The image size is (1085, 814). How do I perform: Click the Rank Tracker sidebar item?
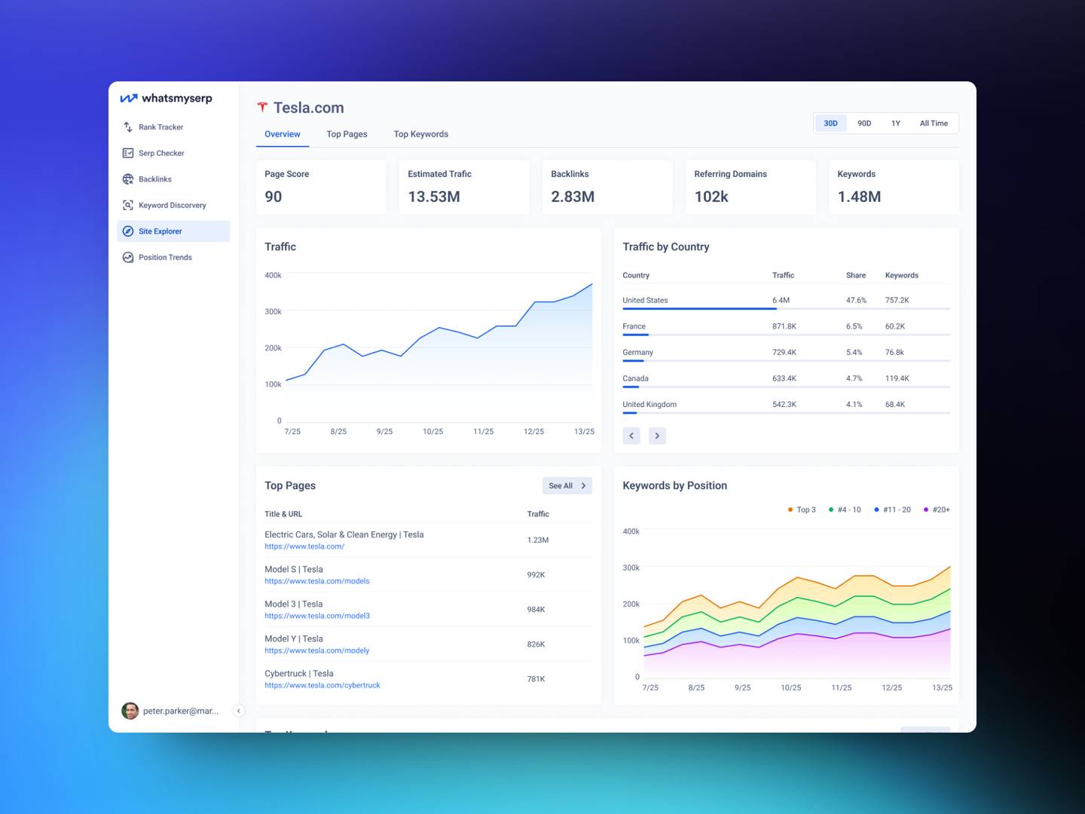click(x=160, y=127)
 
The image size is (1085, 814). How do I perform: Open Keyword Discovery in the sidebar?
click(x=172, y=205)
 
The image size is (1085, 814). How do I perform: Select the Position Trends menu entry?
click(x=165, y=258)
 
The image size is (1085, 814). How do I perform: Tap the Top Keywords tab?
click(x=420, y=134)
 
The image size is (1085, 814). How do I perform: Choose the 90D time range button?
click(x=864, y=124)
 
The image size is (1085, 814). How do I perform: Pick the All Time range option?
click(x=934, y=124)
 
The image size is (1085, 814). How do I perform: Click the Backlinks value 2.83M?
click(x=573, y=197)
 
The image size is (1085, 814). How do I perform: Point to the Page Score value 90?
click(x=274, y=197)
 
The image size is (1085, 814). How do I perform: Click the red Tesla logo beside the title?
click(x=262, y=108)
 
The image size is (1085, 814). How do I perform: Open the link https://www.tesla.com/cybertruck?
click(x=322, y=686)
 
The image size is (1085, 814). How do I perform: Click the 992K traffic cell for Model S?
click(x=536, y=575)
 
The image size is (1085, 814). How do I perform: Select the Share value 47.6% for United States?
click(x=856, y=301)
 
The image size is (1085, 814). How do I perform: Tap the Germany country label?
click(x=637, y=353)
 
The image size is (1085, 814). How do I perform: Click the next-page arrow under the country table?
click(x=657, y=436)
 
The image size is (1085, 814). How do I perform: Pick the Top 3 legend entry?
click(x=802, y=510)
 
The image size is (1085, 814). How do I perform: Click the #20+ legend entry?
click(x=937, y=510)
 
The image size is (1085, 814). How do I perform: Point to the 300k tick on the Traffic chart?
click(x=273, y=312)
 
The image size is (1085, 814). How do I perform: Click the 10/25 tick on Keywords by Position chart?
click(x=790, y=688)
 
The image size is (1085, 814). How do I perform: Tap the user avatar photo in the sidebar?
click(x=130, y=711)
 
